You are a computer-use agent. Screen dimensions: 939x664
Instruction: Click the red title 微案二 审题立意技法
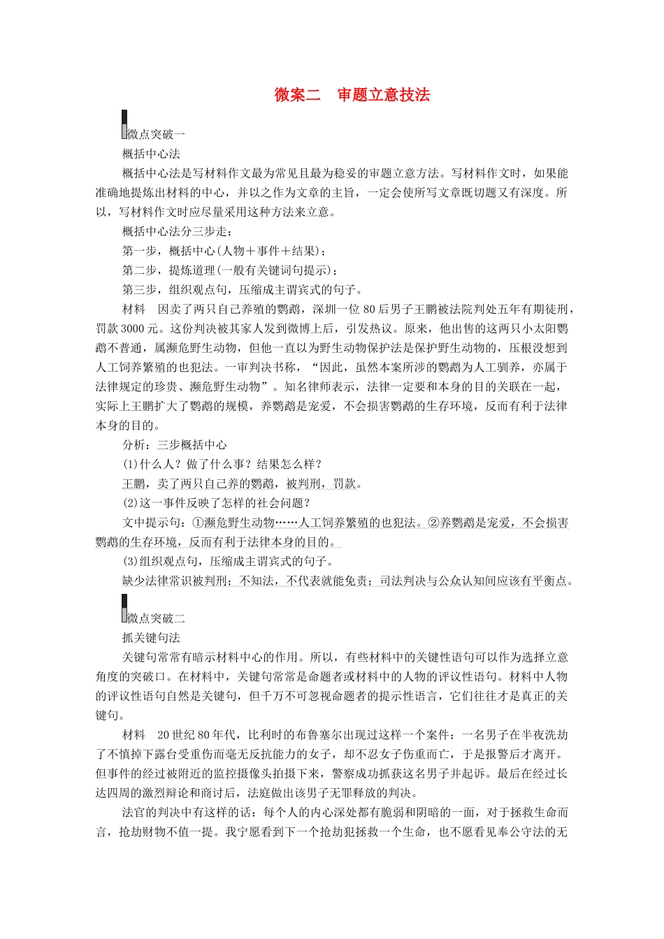pos(352,95)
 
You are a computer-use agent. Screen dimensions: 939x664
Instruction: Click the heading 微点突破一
pos(156,134)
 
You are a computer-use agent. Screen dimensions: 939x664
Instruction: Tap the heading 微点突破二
pos(156,618)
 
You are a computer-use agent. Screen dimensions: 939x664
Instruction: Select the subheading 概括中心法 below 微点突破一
pos(151,154)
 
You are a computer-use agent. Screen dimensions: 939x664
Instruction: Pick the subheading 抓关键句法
pos(151,637)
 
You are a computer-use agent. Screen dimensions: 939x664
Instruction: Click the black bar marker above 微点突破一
pos(124,119)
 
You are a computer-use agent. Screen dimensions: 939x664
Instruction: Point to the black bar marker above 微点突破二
pos(124,603)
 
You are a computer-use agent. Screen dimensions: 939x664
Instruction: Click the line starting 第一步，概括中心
pos(224,251)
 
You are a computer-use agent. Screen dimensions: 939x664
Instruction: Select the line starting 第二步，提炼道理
pos(229,270)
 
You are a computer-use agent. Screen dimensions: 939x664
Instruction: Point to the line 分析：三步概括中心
pos(174,444)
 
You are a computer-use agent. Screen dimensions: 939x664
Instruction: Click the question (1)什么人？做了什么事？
pos(222,464)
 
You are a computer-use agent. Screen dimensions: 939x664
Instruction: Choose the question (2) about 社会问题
pos(216,502)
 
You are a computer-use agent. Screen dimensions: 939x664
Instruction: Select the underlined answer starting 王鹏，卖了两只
pos(242,483)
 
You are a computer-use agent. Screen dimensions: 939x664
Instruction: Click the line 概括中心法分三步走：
pos(177,231)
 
